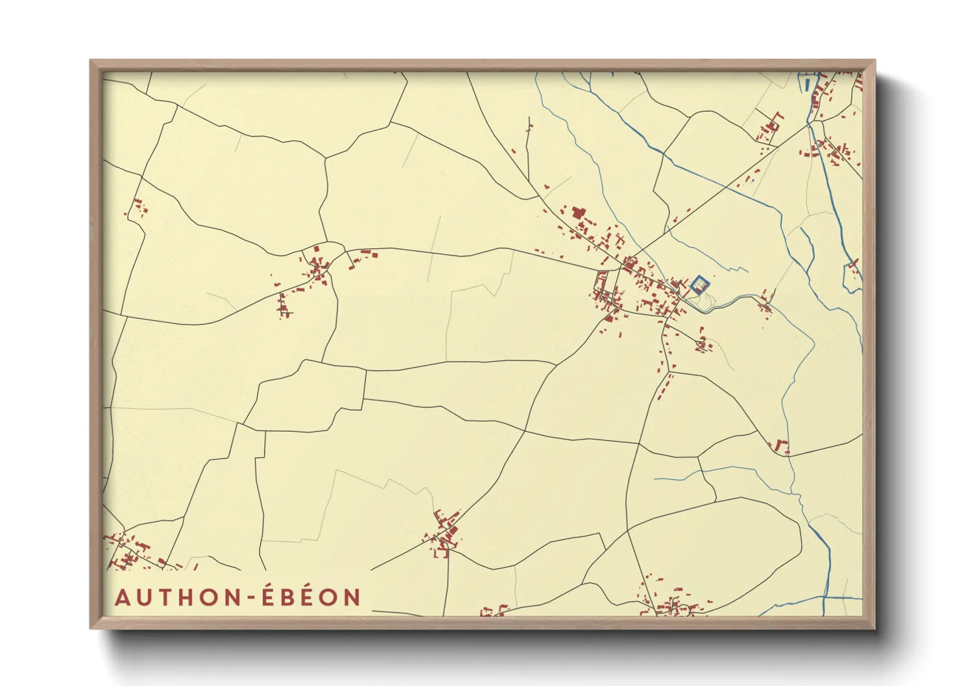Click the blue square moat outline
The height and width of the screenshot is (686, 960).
[700, 284]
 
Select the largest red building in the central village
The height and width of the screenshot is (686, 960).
[577, 213]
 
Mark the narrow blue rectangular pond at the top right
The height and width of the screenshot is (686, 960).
[807, 84]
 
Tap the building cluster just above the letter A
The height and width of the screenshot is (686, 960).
[130, 552]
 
